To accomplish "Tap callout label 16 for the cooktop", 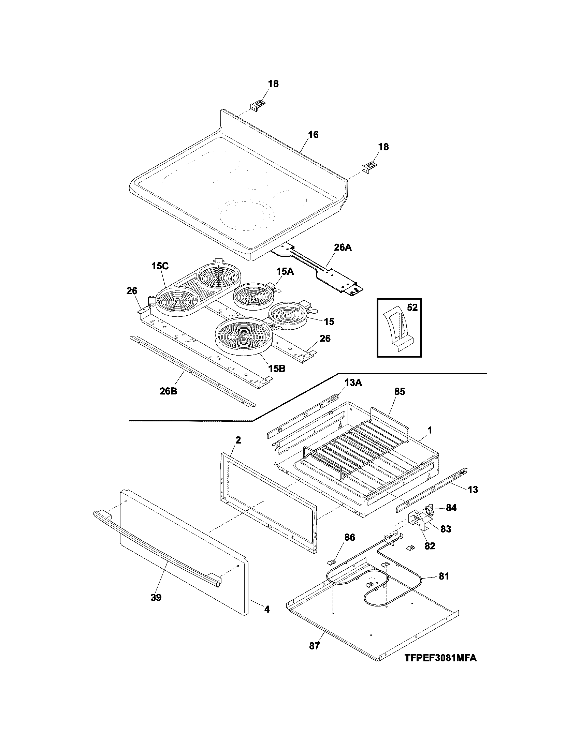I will point(313,134).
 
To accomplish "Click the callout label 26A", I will point(343,247).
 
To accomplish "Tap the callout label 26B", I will point(168,391).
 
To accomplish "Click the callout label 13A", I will point(353,383).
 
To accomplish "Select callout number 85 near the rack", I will point(400,391).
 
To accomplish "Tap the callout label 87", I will point(315,646).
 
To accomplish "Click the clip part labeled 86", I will point(332,562).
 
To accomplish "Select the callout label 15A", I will point(285,272).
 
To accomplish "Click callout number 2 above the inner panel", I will point(238,440).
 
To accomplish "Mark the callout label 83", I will point(446,529).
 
